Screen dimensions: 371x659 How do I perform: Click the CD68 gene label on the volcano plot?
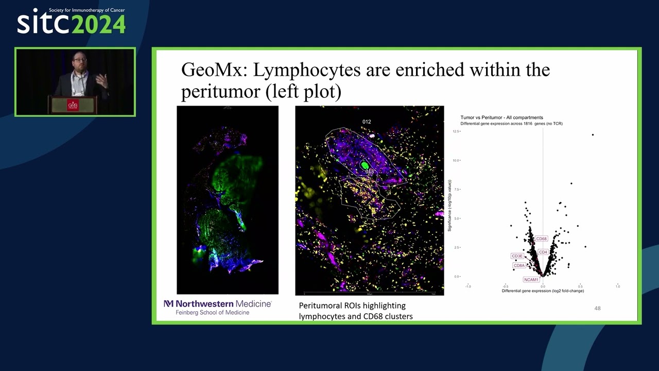(541, 239)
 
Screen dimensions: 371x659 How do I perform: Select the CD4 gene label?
(543, 252)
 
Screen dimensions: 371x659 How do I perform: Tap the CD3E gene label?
(517, 256)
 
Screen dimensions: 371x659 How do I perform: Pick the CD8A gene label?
(519, 266)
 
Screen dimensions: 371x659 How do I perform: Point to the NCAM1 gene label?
(531, 280)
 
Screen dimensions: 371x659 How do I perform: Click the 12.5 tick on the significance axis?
(456, 131)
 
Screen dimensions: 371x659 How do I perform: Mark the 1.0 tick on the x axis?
(617, 286)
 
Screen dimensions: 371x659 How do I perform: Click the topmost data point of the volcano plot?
(593, 135)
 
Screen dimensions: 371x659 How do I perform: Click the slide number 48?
(597, 308)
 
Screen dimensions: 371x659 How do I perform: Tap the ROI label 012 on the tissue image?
(367, 122)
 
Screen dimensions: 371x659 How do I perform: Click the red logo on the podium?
(73, 105)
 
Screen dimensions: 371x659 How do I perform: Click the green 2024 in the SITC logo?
(98, 24)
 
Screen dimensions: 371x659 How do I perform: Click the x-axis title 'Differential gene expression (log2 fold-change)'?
(543, 291)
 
